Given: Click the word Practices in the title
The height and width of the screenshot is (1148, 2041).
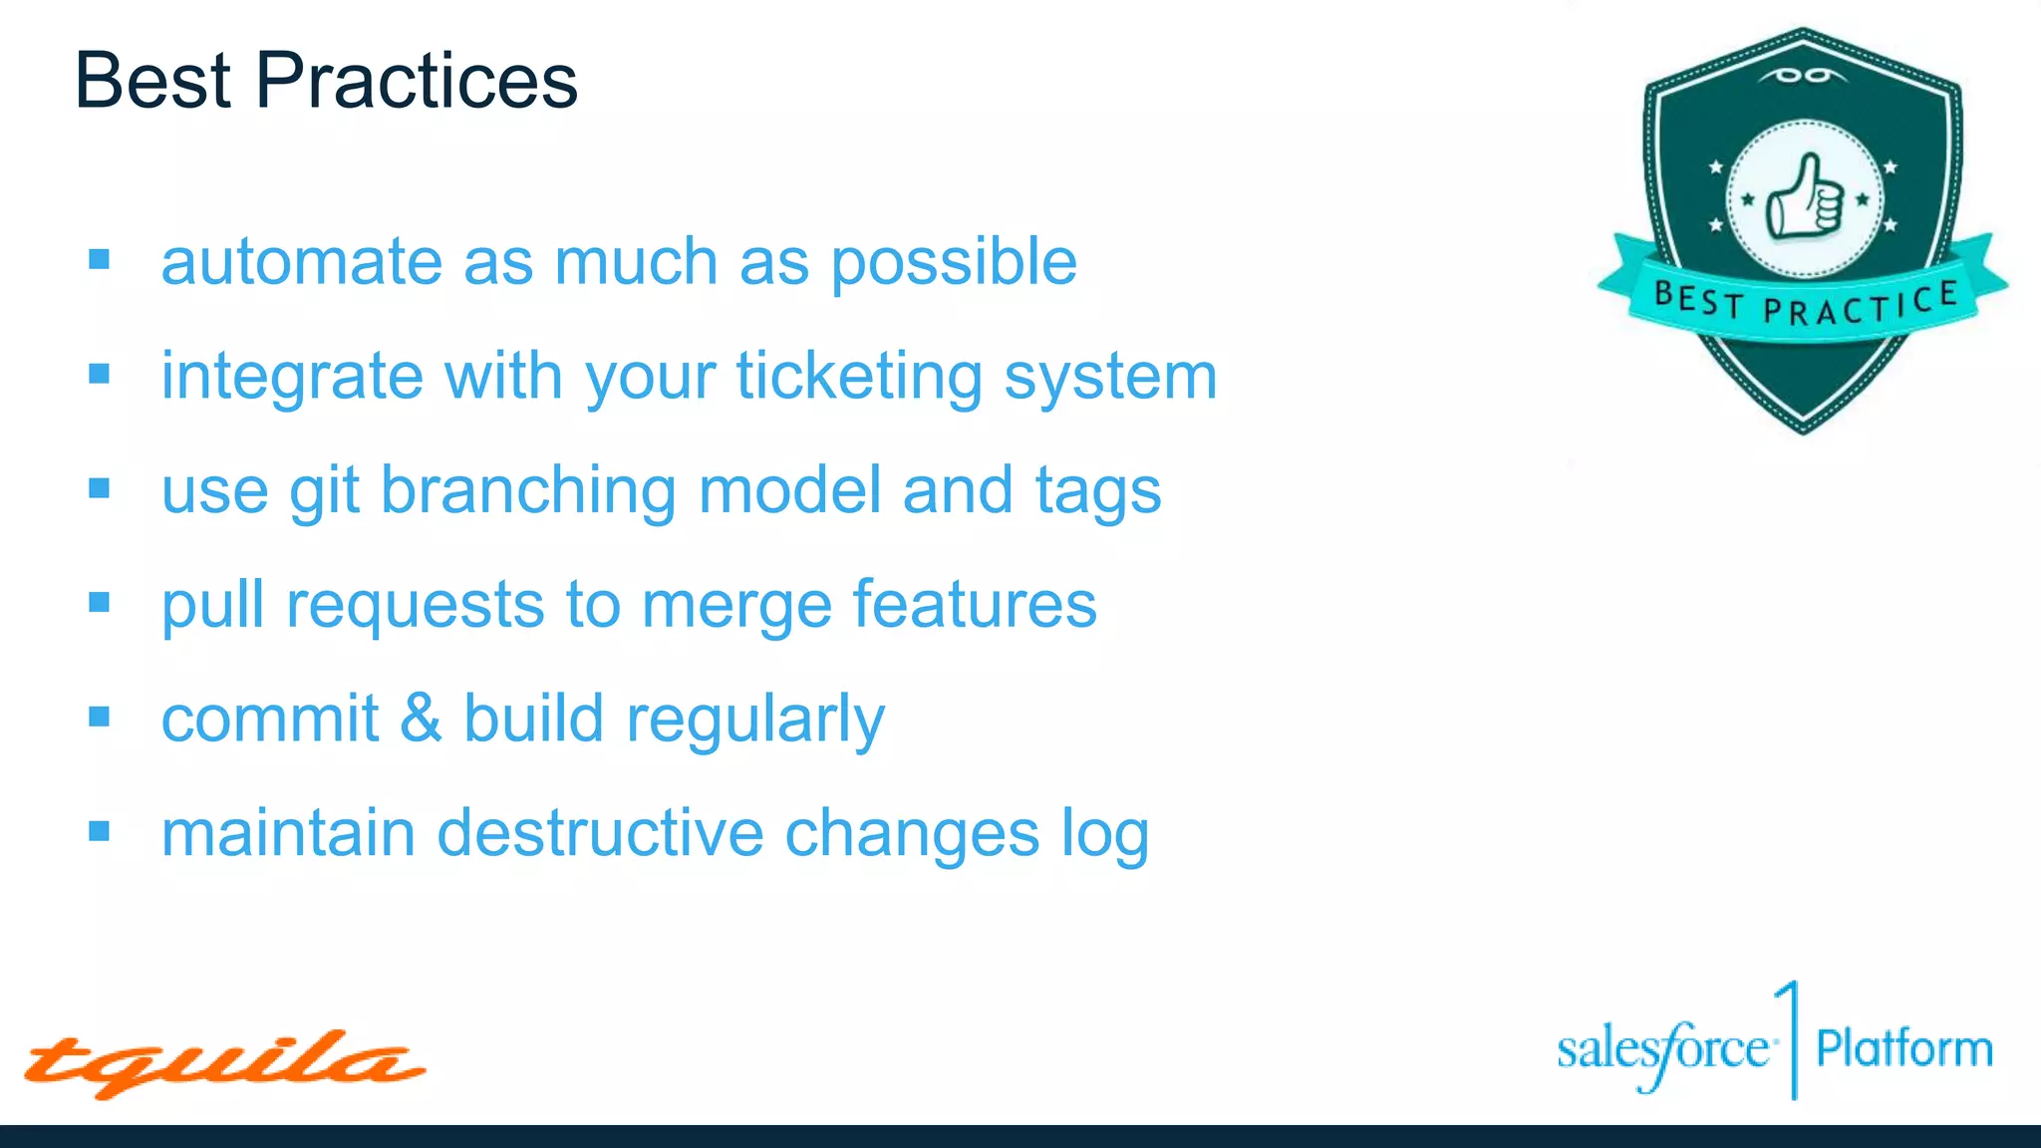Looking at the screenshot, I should [416, 81].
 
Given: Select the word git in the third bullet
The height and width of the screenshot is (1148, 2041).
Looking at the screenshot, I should [324, 491].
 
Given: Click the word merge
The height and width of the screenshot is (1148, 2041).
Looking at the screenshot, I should [735, 606].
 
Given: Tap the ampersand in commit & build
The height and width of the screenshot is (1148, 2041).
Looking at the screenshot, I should [421, 718].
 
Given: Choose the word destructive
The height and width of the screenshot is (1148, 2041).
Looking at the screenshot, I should [600, 833].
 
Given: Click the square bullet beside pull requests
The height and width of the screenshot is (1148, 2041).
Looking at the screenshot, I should [99, 603].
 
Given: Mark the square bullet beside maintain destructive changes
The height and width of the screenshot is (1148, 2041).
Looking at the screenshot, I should [99, 831].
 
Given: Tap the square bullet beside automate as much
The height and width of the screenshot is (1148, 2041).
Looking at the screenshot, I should [99, 260].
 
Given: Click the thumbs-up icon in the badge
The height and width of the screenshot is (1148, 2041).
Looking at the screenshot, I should [1804, 197].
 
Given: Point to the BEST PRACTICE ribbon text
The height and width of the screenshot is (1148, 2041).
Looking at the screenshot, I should [1805, 303].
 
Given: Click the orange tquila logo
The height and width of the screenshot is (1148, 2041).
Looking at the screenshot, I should [223, 1063].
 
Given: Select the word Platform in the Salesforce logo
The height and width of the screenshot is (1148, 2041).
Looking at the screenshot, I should [1903, 1049].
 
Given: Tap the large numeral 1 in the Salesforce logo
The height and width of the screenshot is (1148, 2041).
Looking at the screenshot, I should [1790, 1036].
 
